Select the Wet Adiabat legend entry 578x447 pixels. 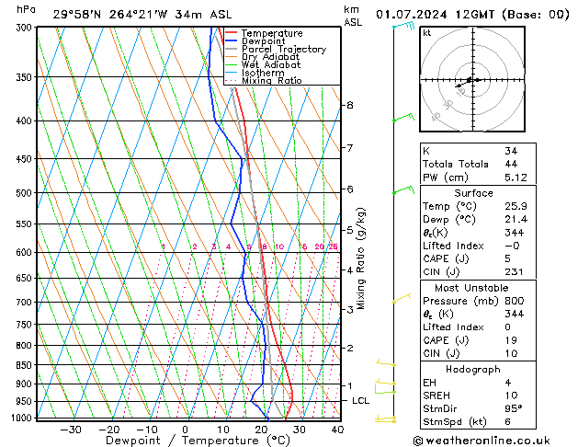coord(270,64)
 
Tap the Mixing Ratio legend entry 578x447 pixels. coord(271,80)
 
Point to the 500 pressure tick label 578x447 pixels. coord(23,193)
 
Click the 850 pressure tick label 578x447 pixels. coord(23,365)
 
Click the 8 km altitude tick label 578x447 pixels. coord(349,105)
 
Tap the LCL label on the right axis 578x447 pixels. coord(360,401)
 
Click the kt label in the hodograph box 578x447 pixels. coord(426,32)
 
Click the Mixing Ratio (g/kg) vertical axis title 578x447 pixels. coord(361,258)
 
